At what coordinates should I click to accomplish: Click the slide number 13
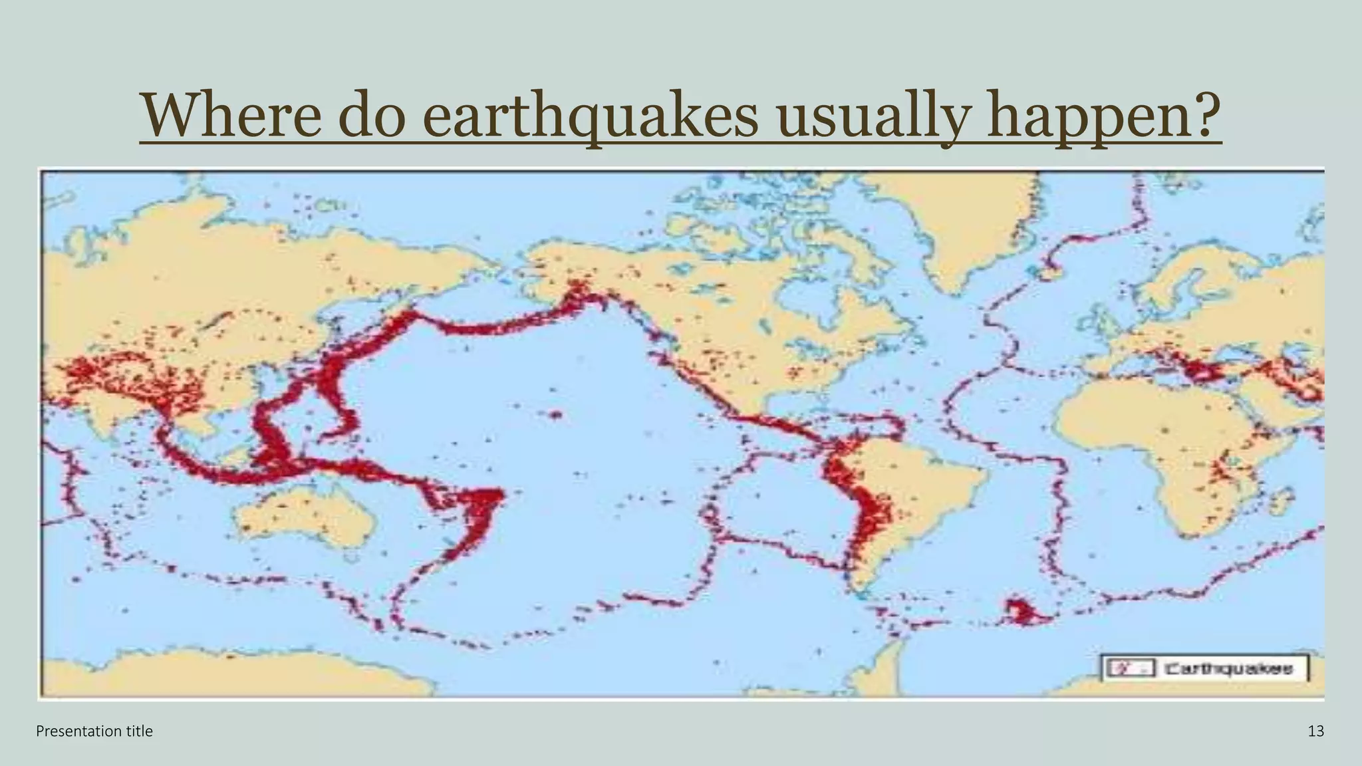pyautogui.click(x=1315, y=731)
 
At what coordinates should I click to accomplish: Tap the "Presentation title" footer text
pyautogui.click(x=94, y=731)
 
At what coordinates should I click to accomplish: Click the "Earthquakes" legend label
pyautogui.click(x=1228, y=668)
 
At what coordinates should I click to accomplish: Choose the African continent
pyautogui.click(x=1144, y=432)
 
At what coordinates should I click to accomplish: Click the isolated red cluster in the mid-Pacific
pyautogui.click(x=555, y=415)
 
